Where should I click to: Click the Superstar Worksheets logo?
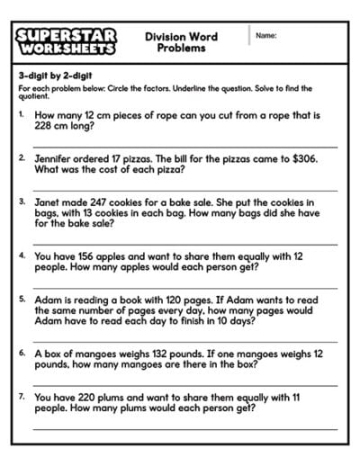click(x=65, y=41)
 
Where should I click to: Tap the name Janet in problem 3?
click(x=49, y=202)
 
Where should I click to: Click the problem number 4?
click(x=22, y=255)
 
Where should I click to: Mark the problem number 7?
click(x=22, y=395)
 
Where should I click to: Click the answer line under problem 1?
click(x=184, y=145)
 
